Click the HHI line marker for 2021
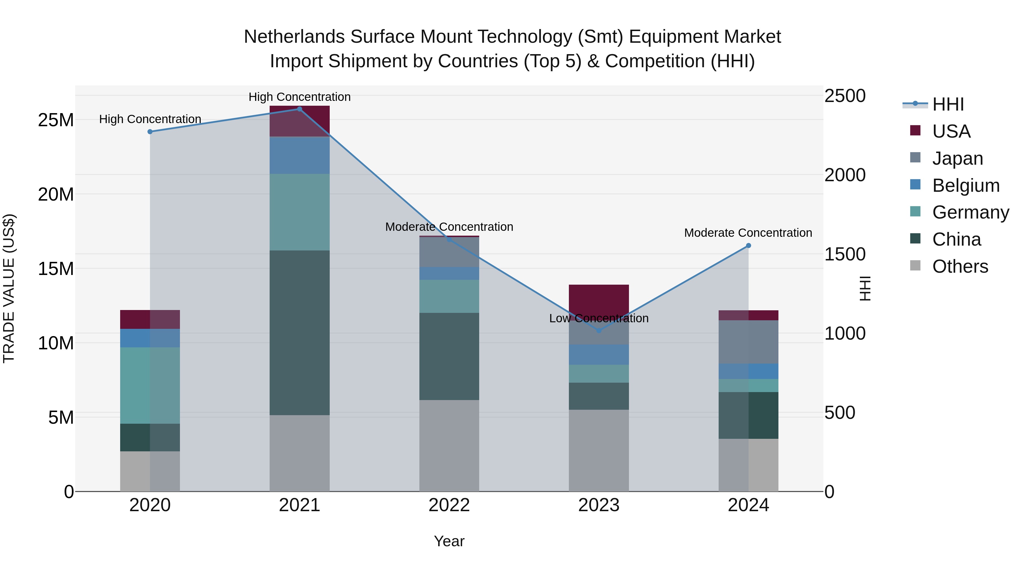pyautogui.click(x=300, y=109)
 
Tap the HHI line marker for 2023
pyautogui.click(x=599, y=331)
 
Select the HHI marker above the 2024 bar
pyautogui.click(x=749, y=246)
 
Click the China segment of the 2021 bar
pyautogui.click(x=300, y=333)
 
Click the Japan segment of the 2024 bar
pyautogui.click(x=749, y=342)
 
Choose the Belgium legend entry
pyautogui.click(x=966, y=185)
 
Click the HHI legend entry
pyautogui.click(x=948, y=104)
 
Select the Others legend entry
pyautogui.click(x=960, y=266)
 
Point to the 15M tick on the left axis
pyautogui.click(x=56, y=269)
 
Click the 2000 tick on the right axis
pyautogui.click(x=845, y=175)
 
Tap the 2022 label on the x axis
pyautogui.click(x=449, y=505)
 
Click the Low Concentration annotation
pyautogui.click(x=599, y=318)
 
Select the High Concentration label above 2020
pyautogui.click(x=150, y=119)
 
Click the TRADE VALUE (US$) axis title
pyautogui.click(x=9, y=288)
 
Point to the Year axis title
pyautogui.click(x=449, y=541)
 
